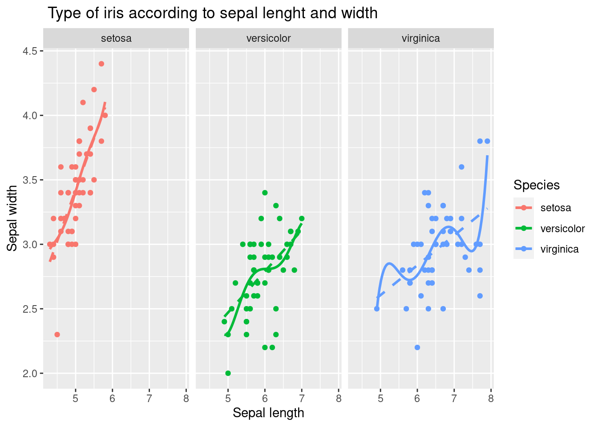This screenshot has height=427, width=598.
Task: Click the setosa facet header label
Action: pos(116,38)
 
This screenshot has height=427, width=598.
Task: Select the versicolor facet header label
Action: pos(268,38)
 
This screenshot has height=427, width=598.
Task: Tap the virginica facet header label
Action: pos(420,38)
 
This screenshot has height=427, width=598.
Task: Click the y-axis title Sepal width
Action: pos(12,218)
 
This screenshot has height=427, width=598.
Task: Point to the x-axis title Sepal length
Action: pos(268,413)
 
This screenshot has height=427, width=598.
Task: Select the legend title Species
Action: pos(536,185)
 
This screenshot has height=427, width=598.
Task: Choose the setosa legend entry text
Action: pos(555,208)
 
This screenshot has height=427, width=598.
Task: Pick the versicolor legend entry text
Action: pos(562,229)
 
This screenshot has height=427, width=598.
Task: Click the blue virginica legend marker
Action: pos(523,249)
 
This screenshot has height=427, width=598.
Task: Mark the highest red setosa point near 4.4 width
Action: pos(101,64)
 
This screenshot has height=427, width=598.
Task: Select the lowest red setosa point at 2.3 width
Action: pos(57,334)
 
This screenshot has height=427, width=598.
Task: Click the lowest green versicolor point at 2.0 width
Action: pos(228,373)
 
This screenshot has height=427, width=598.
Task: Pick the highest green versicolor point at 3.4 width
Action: pos(265,193)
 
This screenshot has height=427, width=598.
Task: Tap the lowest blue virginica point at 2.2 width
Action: pos(417,347)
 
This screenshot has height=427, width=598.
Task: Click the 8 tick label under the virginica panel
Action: pos(491,399)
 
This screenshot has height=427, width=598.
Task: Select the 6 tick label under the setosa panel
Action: pos(112,399)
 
